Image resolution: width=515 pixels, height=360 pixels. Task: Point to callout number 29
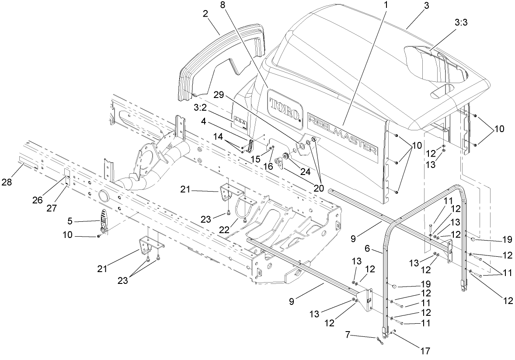(219, 94)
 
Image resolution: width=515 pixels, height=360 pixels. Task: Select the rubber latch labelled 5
(103, 220)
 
